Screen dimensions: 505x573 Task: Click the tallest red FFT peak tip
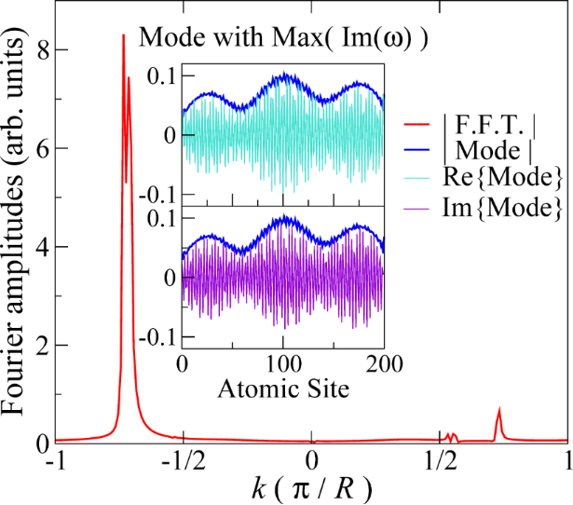point(123,35)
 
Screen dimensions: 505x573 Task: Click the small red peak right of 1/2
point(499,410)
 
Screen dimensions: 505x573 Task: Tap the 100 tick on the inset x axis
point(282,362)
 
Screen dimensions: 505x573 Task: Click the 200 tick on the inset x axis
point(381,362)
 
